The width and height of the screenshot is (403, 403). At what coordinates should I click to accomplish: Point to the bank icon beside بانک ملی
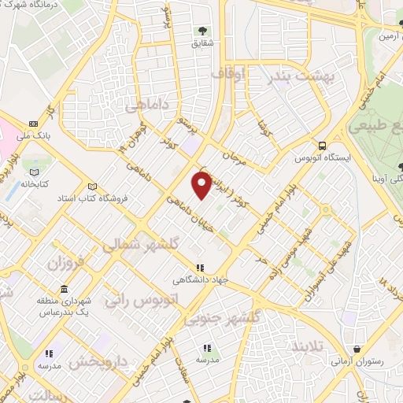click(x=33, y=124)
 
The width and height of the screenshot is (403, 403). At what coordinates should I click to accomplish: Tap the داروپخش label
click(x=96, y=362)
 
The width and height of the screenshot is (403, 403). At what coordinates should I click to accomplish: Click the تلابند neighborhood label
click(x=307, y=347)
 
